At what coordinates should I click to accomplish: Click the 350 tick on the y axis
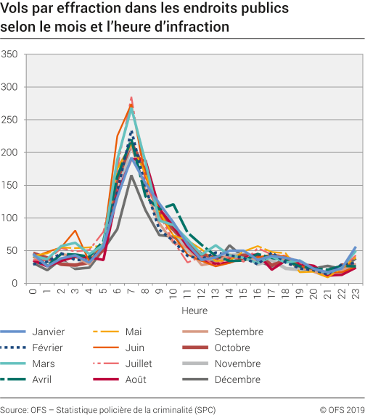10,54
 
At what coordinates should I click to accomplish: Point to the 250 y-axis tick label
10,120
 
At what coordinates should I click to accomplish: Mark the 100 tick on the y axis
10,218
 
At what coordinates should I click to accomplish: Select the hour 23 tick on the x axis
356,293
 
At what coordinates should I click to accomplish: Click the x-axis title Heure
194,308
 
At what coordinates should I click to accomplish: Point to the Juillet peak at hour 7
131,96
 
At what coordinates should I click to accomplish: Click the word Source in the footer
14,409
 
